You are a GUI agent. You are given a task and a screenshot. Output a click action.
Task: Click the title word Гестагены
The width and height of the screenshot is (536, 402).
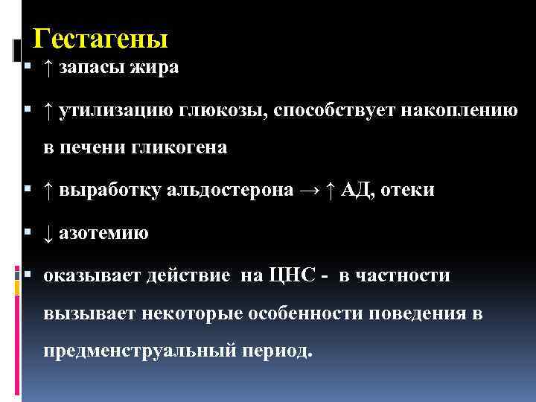102,37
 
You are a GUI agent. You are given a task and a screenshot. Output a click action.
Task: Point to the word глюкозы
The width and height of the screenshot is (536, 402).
222,112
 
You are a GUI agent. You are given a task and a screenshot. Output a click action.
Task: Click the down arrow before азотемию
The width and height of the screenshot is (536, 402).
48,234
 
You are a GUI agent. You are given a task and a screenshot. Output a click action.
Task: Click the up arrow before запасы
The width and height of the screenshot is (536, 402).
48,68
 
